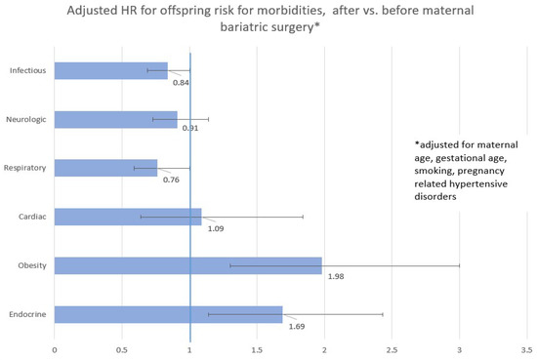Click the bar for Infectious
(110, 70)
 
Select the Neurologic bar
(115, 119)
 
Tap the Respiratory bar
(105, 168)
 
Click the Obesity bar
(187, 265)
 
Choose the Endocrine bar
(168, 314)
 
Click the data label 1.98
(337, 277)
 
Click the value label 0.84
(181, 82)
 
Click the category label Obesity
(31, 265)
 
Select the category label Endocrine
(27, 314)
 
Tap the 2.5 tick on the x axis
(392, 348)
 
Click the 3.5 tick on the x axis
(526, 348)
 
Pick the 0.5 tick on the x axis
(121, 348)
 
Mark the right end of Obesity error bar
(459, 265)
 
